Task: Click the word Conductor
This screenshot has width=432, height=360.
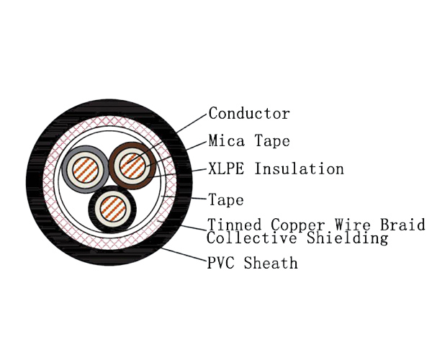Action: [249, 114]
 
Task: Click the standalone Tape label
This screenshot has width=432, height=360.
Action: [226, 199]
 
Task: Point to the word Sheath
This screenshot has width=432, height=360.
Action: [271, 264]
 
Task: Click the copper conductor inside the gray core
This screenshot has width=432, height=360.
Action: [86, 171]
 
